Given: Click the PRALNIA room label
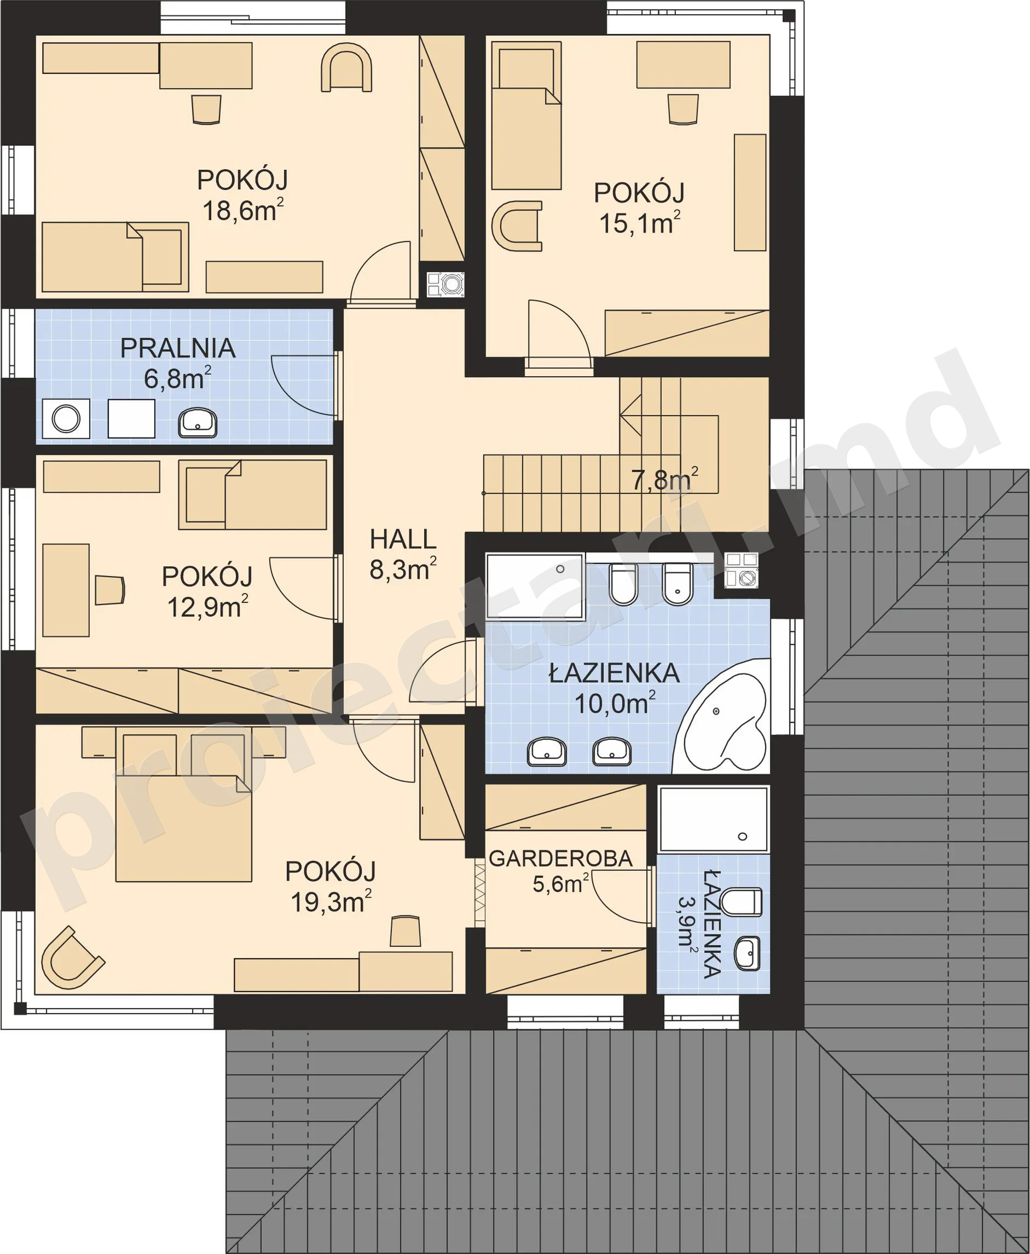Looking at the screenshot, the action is point(178,348).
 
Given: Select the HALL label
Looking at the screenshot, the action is point(403,540).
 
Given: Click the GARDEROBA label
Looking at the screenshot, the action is point(560,859).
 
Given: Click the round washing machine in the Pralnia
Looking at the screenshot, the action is point(66,418).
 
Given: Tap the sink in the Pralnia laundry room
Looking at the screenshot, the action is point(198,423).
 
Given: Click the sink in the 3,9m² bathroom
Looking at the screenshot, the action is point(748,954).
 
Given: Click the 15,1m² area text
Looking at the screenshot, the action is point(640,224).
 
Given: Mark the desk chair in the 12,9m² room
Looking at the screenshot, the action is point(111,590).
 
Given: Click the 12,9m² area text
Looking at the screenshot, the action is point(207,607).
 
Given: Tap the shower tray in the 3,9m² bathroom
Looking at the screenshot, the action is point(714,820).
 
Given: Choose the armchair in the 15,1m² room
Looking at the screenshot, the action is point(517,226).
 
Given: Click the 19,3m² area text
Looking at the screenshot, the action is point(331,902).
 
